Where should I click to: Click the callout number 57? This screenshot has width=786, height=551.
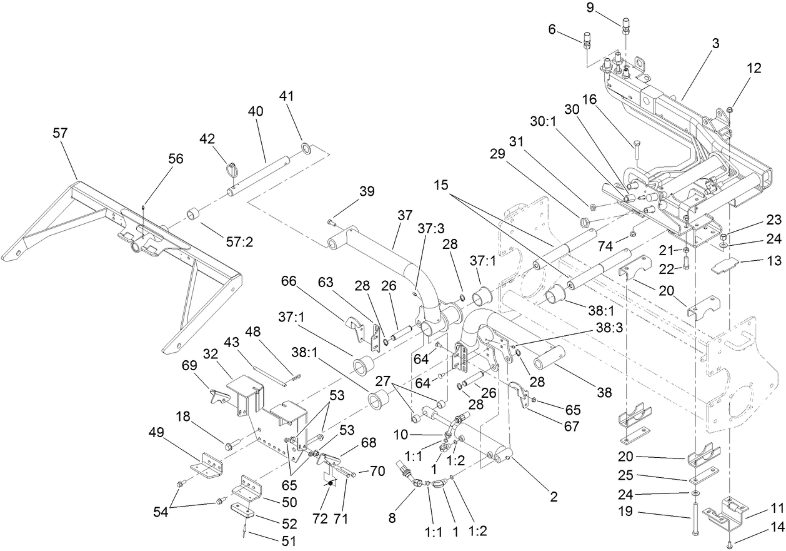(61, 133)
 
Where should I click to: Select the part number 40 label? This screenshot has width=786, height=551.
(256, 111)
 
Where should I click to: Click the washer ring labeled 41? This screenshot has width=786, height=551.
(306, 148)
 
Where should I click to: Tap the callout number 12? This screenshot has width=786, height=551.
(754, 68)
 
